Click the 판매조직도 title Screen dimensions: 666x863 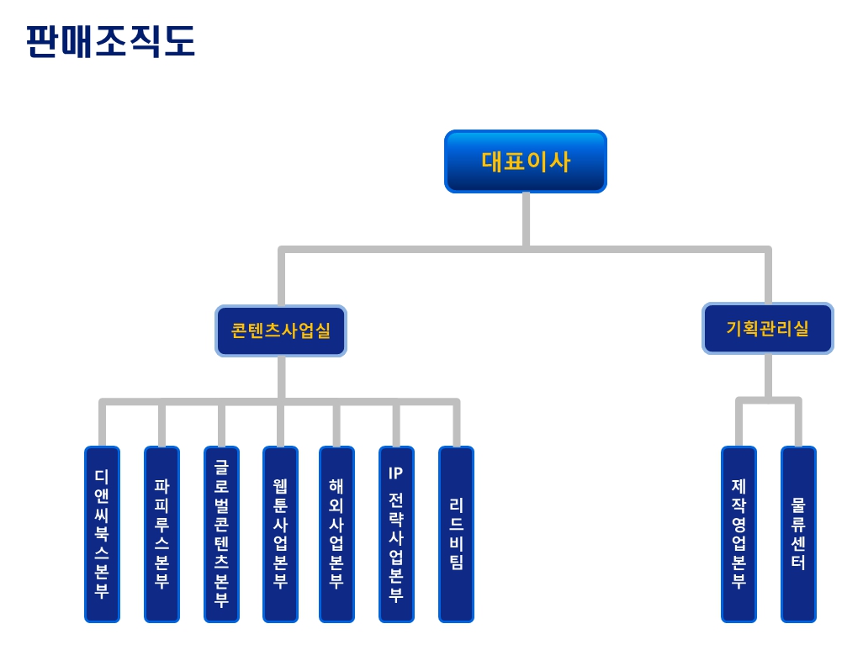pos(110,41)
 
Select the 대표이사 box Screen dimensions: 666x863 pos(525,161)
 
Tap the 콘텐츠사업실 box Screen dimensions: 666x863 pos(280,330)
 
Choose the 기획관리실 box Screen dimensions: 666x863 pos(767,329)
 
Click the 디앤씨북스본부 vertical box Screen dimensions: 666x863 pos(102,534)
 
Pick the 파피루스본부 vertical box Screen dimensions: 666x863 pos(161,534)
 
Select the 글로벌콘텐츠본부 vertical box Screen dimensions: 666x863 pos(221,534)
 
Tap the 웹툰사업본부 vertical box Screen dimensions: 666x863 pos(280,534)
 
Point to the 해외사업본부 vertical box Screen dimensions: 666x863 pos(336,534)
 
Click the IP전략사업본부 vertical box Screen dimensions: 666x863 pos(396,534)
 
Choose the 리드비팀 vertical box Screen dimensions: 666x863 pos(456,534)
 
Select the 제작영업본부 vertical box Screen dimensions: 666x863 pos(739,534)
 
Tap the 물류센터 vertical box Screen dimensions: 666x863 pos(798,534)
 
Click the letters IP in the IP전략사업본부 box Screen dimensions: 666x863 pos(395,473)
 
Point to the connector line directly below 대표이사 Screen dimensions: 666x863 pos(526,219)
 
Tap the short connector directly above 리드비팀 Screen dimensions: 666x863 pos(456,425)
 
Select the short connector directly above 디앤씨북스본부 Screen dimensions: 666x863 pos(102,425)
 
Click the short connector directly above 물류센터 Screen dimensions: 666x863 pos(798,424)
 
